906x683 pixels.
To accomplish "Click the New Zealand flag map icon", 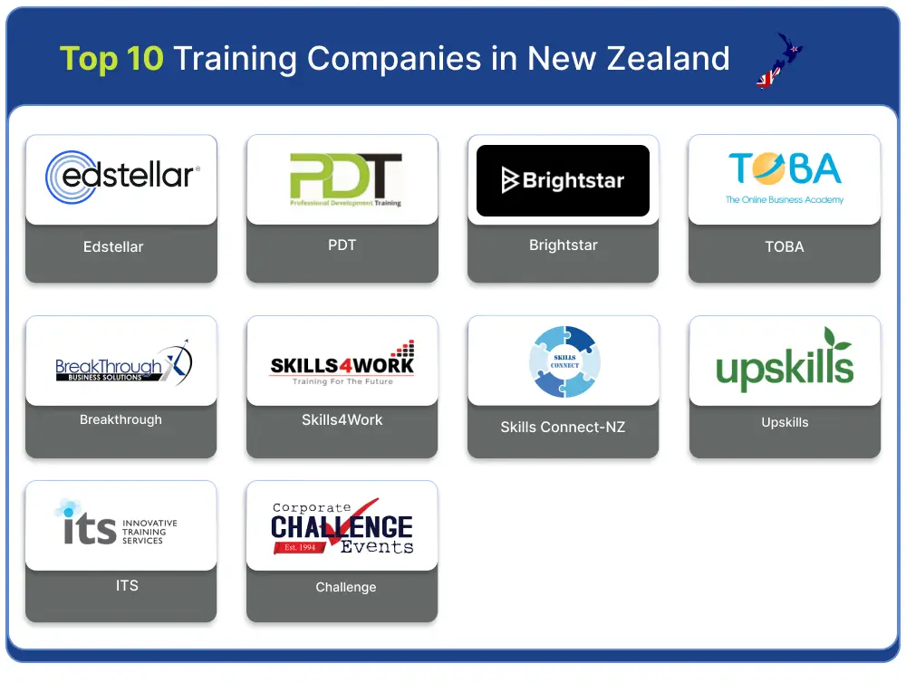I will (x=779, y=61).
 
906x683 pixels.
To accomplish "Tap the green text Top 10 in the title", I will (x=111, y=59).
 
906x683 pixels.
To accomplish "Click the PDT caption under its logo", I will (x=342, y=245).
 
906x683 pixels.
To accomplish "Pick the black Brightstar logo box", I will (x=563, y=180).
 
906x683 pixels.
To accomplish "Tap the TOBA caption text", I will (x=784, y=246).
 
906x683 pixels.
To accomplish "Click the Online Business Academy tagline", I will (x=784, y=199).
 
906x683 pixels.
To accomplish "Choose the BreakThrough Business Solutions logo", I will (x=121, y=363).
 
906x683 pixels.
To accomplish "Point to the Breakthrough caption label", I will (x=120, y=419).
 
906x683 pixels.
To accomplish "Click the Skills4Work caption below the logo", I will (x=342, y=419).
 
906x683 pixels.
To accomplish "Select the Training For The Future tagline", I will (x=342, y=382).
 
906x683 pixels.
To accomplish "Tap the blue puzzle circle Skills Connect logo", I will (x=564, y=361).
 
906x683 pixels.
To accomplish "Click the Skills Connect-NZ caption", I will (x=563, y=427).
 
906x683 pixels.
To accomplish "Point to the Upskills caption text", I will (x=785, y=422).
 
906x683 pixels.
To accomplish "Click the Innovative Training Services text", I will (x=149, y=532).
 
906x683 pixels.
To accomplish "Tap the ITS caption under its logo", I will (x=127, y=585).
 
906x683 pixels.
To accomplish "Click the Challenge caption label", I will (x=345, y=587).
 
